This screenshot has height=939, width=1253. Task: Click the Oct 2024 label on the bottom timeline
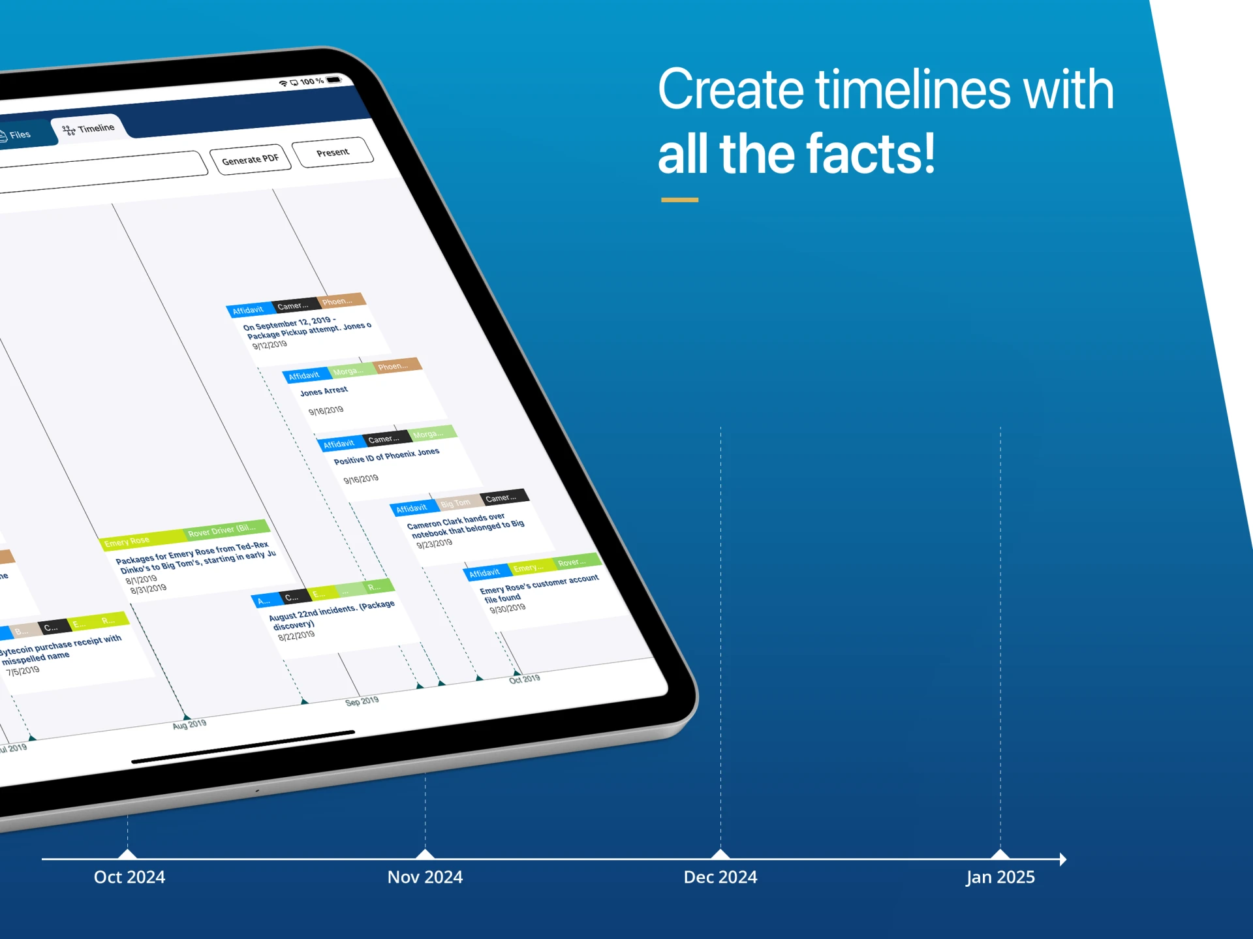coord(129,877)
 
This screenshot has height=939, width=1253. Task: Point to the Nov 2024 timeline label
coord(425,877)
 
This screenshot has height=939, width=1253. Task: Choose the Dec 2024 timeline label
coord(720,877)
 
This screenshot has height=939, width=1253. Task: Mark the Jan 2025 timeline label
coord(1000,877)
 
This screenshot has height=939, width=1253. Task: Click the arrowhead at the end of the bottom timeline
coord(1062,859)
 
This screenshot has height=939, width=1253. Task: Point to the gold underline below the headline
coord(679,200)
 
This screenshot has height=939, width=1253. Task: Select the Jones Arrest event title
coord(324,391)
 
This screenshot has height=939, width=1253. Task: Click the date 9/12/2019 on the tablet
coord(270,345)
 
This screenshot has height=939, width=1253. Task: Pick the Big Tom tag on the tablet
coord(456,503)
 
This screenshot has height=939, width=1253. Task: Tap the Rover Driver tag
coord(222,531)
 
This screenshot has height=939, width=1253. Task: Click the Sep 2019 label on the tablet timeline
coord(362,701)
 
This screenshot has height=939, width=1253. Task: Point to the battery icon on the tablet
coord(333,80)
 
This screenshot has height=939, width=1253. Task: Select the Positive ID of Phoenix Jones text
coord(386,455)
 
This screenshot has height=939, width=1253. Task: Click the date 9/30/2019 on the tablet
coord(507,608)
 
